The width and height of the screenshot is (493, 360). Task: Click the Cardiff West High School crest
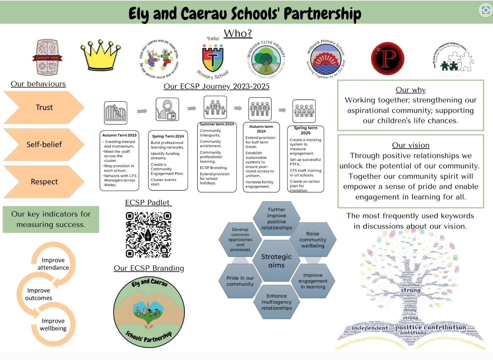coord(47,57)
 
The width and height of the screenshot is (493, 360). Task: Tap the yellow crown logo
coord(101,55)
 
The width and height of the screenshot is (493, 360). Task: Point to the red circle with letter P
coord(387,58)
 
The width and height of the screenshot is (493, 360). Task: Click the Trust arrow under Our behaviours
coord(44,107)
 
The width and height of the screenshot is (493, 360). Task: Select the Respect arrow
coord(44,182)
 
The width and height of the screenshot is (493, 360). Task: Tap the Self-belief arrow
coord(44,144)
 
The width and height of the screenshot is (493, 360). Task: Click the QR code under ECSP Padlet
coord(148,235)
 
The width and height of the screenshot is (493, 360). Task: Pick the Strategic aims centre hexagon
coord(276,261)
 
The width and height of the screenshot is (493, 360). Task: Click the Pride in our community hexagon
coord(240,281)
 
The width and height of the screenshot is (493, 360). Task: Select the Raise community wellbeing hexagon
coord(313,240)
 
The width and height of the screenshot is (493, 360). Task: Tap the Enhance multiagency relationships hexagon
coord(276,302)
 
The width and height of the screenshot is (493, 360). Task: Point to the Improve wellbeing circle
coord(53,324)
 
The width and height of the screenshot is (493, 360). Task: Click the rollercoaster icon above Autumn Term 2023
coord(116,113)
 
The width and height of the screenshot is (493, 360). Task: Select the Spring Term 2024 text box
coord(168,160)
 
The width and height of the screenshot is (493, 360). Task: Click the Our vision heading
coord(410,145)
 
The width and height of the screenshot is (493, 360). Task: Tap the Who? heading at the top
coord(238,33)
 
